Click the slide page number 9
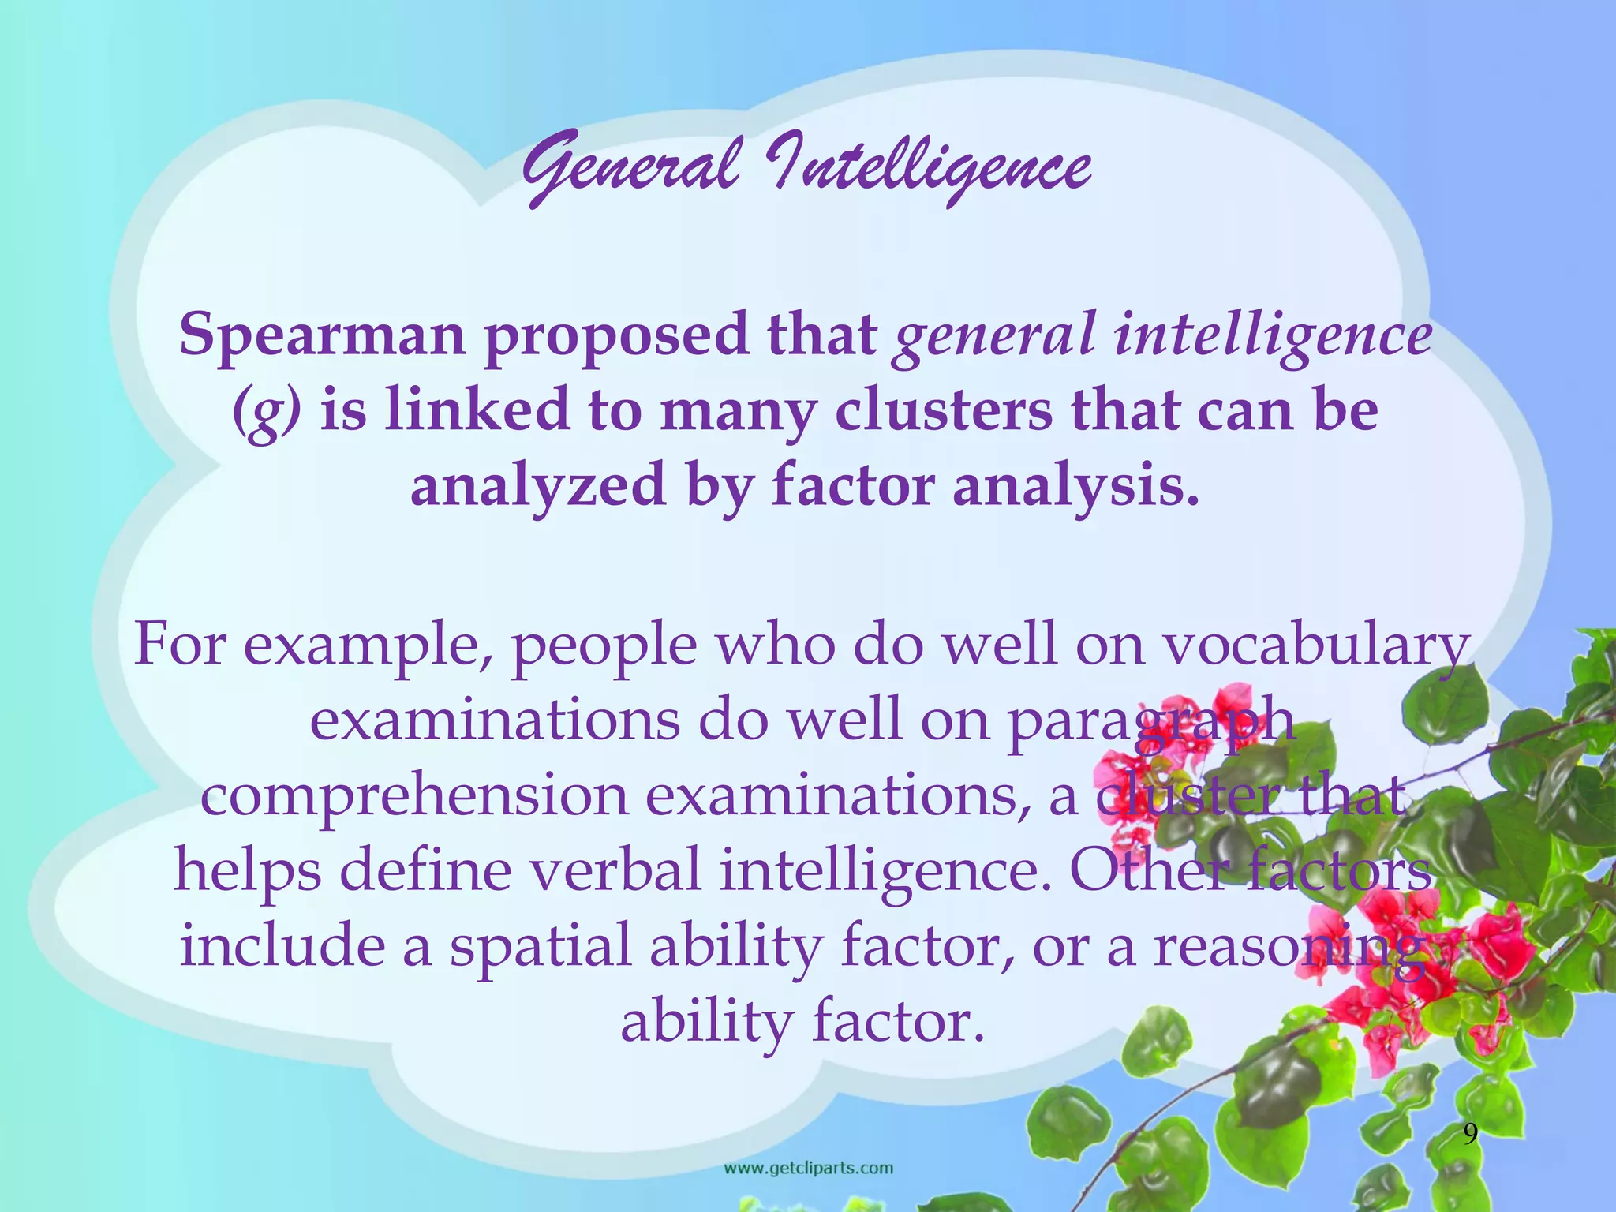click(x=1471, y=1135)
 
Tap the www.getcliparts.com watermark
click(x=809, y=1168)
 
